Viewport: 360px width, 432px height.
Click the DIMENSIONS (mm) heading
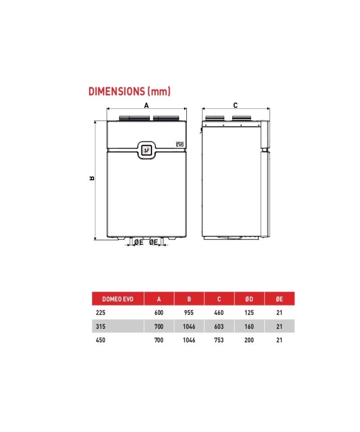pos(130,91)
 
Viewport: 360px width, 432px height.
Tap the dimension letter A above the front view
pos(147,105)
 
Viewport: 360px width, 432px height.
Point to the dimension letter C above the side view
pos(235,105)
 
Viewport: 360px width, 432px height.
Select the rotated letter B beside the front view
pos(92,178)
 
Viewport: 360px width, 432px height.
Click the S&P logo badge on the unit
pos(147,150)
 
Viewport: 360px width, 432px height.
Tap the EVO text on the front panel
pos(180,145)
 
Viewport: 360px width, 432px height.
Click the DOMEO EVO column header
pos(117,299)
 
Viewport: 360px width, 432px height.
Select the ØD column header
pos(249,299)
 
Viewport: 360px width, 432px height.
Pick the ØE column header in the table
pos(279,299)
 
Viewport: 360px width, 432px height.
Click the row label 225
pos(100,313)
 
